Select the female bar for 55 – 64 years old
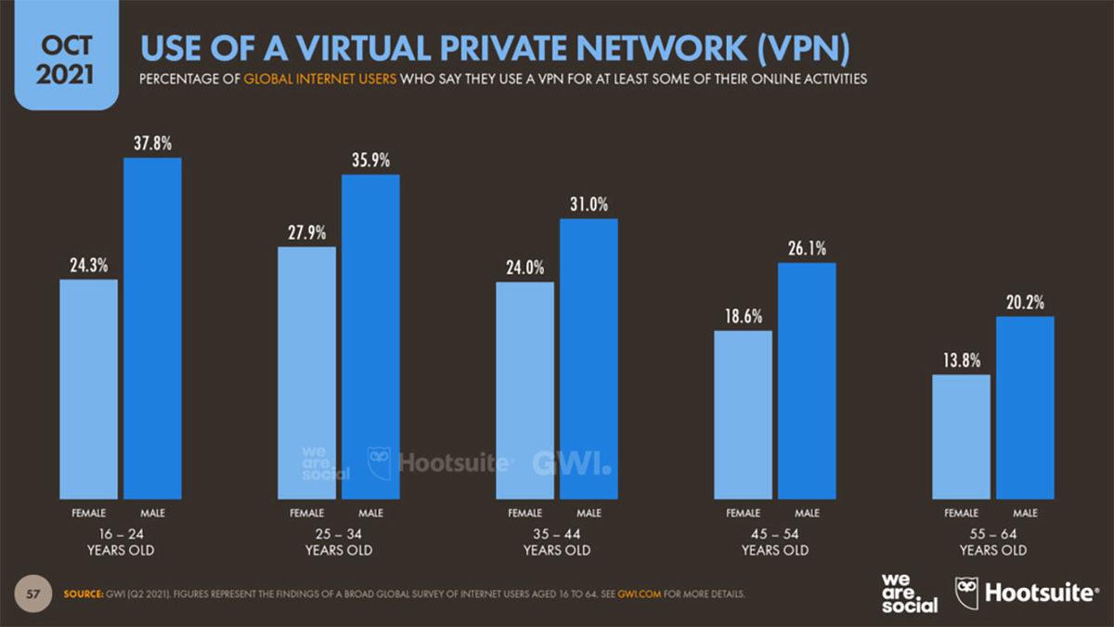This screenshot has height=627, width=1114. pyautogui.click(x=961, y=437)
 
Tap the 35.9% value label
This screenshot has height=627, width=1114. pyautogui.click(x=371, y=160)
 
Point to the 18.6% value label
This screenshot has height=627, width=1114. pyautogui.click(x=744, y=316)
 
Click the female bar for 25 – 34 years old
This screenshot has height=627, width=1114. pyautogui.click(x=306, y=372)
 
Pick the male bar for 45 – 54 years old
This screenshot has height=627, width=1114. pyautogui.click(x=807, y=381)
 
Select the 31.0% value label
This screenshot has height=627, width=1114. pyautogui.click(x=589, y=204)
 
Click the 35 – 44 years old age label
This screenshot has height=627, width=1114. pyautogui.click(x=557, y=542)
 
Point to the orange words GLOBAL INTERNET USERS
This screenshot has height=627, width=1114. pyautogui.click(x=320, y=79)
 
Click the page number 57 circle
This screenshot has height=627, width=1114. pyautogui.click(x=32, y=593)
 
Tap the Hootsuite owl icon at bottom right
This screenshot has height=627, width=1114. pyautogui.click(x=967, y=592)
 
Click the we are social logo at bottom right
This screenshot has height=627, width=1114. pyautogui.click(x=909, y=593)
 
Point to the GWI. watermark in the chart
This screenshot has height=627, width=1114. pyautogui.click(x=572, y=463)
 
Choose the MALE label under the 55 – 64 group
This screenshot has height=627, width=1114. pyautogui.click(x=1025, y=513)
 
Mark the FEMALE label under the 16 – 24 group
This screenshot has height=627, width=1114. pyautogui.click(x=89, y=513)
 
